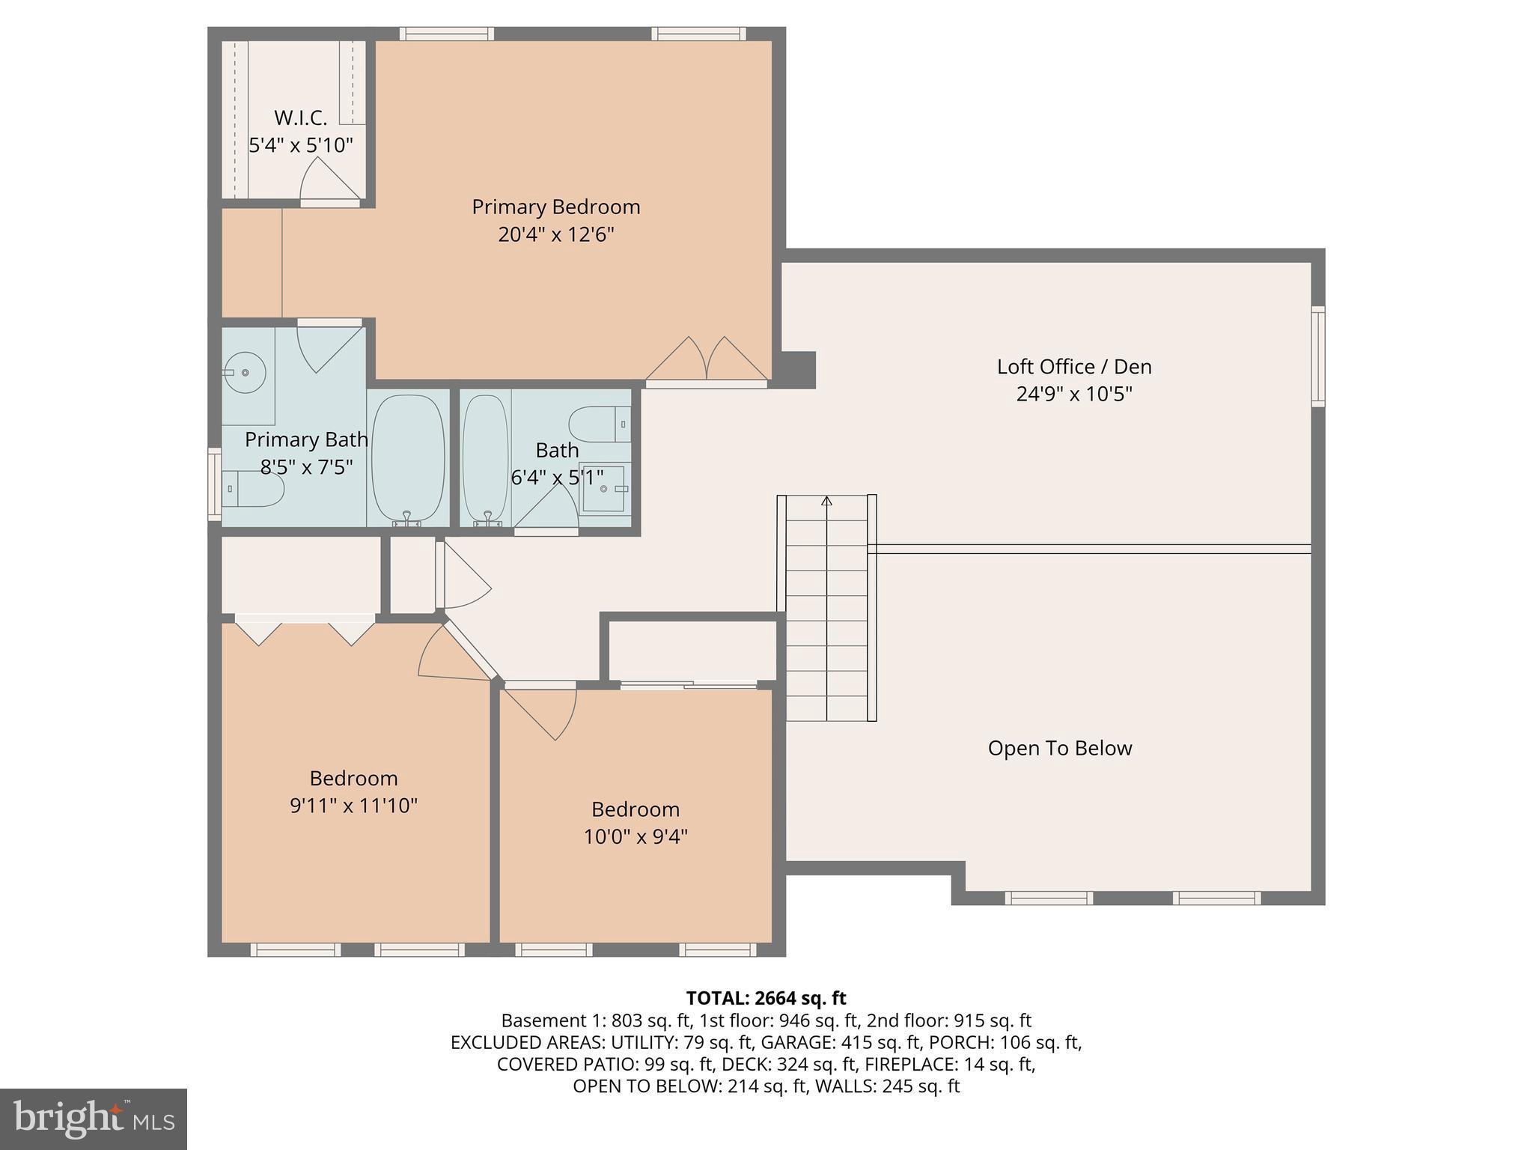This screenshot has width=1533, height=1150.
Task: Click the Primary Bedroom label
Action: pyautogui.click(x=555, y=207)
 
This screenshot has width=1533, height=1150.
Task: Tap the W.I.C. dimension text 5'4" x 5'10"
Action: pyautogui.click(x=301, y=145)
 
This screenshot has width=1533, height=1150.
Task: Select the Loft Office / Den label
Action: pyautogui.click(x=1073, y=367)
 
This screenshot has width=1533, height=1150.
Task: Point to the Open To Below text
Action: pyautogui.click(x=1059, y=748)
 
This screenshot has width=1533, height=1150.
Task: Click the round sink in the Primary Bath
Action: pyautogui.click(x=246, y=372)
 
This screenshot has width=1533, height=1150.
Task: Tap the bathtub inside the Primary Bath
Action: pyautogui.click(x=408, y=458)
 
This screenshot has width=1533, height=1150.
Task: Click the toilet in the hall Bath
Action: pyautogui.click(x=599, y=425)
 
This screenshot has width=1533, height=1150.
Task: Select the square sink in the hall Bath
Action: pyautogui.click(x=603, y=489)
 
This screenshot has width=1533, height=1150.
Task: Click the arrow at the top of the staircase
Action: pyautogui.click(x=826, y=501)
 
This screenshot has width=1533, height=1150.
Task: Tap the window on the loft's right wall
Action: pyautogui.click(x=1317, y=356)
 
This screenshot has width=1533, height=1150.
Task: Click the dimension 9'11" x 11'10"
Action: pyautogui.click(x=353, y=806)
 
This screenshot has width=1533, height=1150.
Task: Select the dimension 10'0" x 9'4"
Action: pyautogui.click(x=636, y=837)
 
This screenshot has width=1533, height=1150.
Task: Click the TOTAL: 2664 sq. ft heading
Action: pyautogui.click(x=766, y=998)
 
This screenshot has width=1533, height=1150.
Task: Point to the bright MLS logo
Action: pyautogui.click(x=94, y=1119)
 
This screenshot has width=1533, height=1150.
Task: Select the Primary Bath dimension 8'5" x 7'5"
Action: pyautogui.click(x=306, y=467)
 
